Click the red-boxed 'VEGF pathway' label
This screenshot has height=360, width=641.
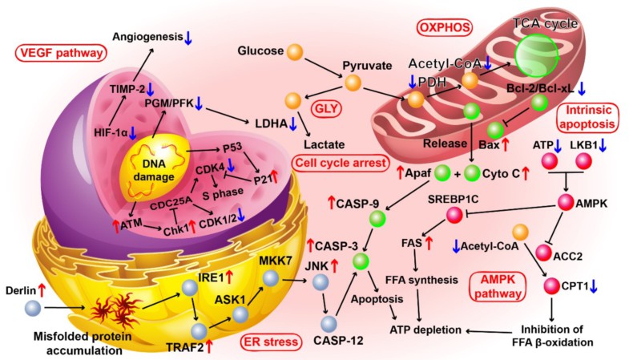tap(60, 55)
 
